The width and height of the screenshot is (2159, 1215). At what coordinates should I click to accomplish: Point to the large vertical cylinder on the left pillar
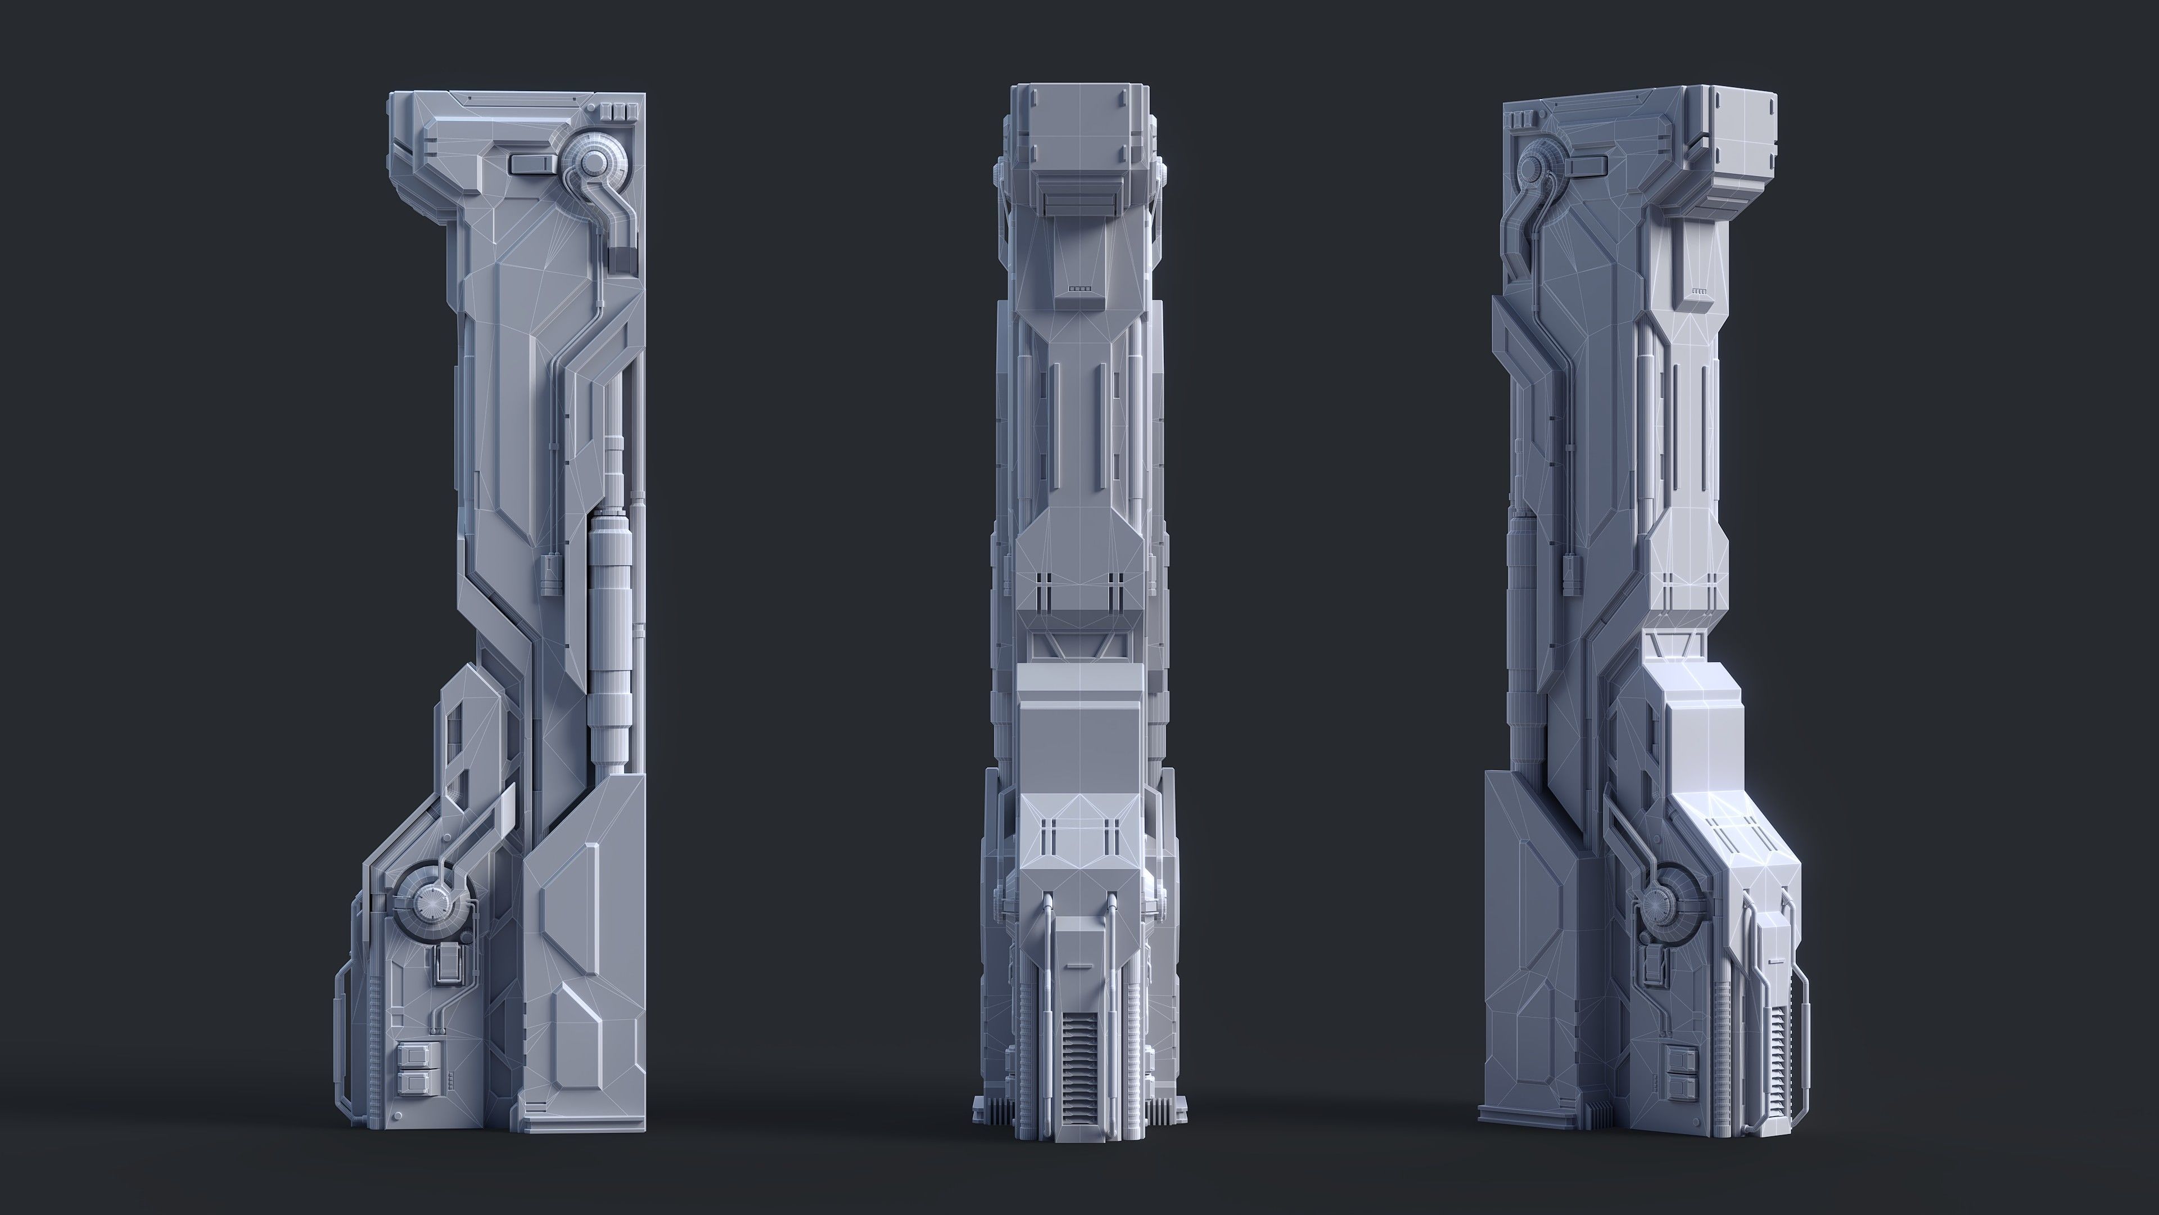pos(609,637)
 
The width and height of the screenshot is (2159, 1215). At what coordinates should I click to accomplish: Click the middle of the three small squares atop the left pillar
pos(620,111)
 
